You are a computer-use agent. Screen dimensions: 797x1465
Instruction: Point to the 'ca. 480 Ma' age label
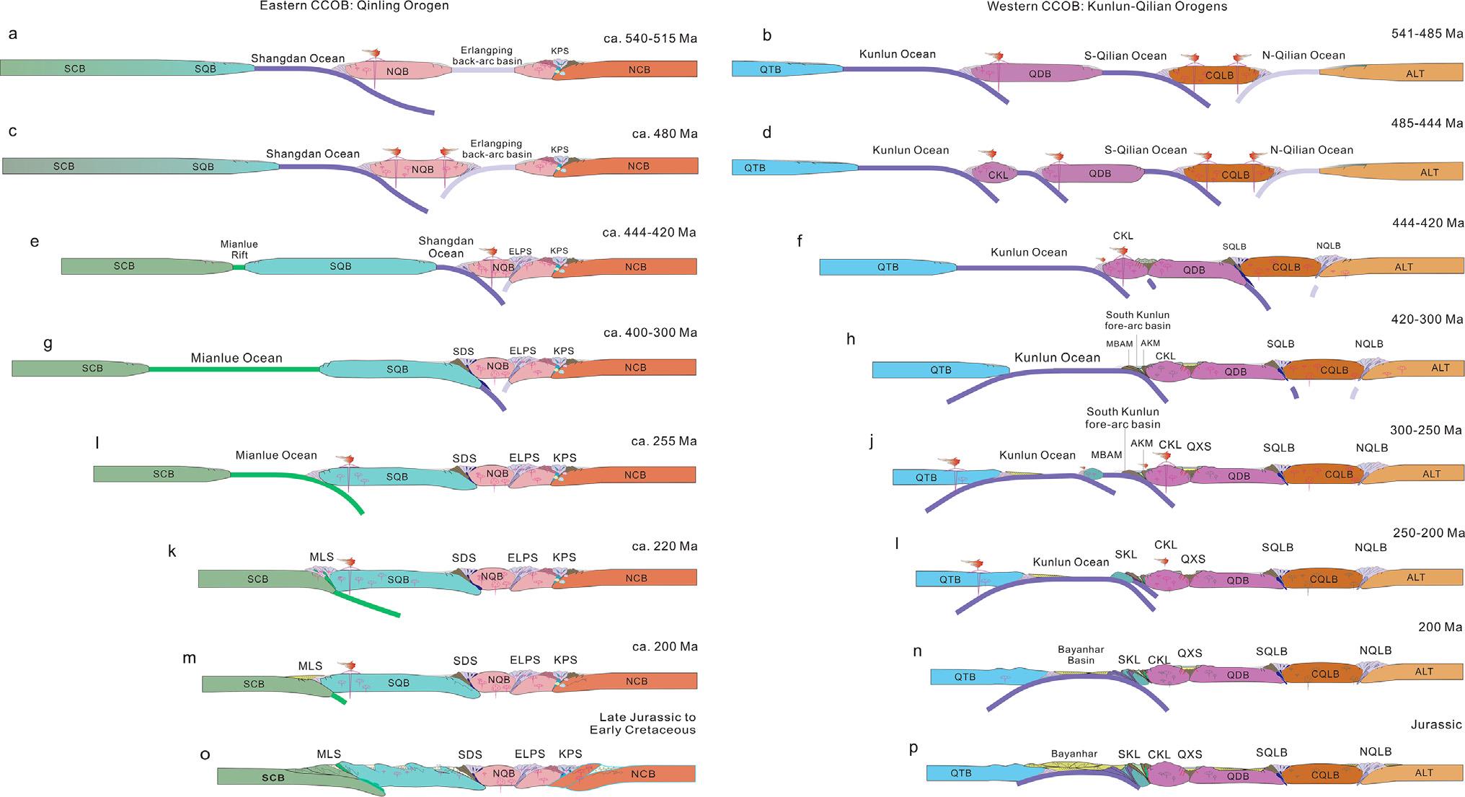coord(665,133)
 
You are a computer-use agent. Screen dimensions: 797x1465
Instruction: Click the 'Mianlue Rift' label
coord(239,250)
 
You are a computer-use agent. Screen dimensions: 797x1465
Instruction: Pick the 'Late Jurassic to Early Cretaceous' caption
coord(647,723)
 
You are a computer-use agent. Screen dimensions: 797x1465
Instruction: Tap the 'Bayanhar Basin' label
coord(1081,655)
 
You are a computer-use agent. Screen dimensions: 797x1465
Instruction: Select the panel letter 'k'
coord(172,552)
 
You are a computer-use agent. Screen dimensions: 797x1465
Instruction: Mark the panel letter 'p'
coord(913,747)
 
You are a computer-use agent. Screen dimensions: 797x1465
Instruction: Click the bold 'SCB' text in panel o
coord(273,778)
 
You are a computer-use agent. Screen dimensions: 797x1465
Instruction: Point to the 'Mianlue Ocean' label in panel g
coord(236,358)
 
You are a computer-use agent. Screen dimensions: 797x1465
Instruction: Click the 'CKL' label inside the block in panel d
coord(998,175)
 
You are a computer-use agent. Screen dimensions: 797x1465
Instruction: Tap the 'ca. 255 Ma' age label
coord(663,441)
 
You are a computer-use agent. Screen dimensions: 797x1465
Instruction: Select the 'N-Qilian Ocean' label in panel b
coord(1304,56)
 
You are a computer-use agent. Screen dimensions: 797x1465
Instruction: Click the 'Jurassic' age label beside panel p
coord(1436,725)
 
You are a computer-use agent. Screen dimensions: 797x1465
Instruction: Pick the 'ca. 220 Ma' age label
coord(664,546)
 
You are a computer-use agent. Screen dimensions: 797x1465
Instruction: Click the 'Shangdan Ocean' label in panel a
coord(298,58)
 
